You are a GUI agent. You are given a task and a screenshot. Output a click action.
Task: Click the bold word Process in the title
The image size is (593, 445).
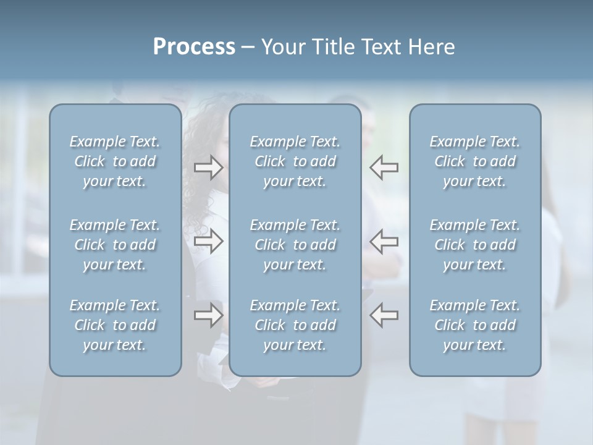[x=194, y=47]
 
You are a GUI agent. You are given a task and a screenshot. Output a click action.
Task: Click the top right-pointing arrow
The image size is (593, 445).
[x=208, y=167]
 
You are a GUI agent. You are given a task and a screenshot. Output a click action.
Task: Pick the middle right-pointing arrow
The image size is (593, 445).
[x=208, y=241]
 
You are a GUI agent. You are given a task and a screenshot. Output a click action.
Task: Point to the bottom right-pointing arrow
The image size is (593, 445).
[x=208, y=315]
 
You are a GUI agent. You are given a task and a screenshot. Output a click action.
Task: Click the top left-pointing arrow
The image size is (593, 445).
[x=384, y=167]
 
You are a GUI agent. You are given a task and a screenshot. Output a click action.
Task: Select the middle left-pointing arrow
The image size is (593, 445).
[x=384, y=241]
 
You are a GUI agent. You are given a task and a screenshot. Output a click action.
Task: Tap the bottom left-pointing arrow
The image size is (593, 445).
[x=384, y=315]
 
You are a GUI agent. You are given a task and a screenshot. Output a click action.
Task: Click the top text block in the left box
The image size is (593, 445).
[x=115, y=161]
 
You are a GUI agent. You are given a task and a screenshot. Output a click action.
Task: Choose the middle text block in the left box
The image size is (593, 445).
[x=115, y=245]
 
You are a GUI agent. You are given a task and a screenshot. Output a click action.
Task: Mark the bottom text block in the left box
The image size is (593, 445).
[x=115, y=325]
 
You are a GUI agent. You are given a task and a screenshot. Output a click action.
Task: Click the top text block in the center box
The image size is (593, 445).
[x=295, y=161]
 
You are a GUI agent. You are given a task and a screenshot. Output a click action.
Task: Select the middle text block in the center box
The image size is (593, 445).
[x=295, y=245]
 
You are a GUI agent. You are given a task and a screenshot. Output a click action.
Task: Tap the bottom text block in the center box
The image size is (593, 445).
[x=295, y=325]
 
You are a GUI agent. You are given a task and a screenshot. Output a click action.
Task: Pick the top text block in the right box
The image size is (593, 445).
[x=474, y=161]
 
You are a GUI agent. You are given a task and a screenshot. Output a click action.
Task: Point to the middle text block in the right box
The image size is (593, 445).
[x=474, y=245]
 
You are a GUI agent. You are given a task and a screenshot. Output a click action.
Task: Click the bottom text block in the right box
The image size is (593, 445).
[x=474, y=325]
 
